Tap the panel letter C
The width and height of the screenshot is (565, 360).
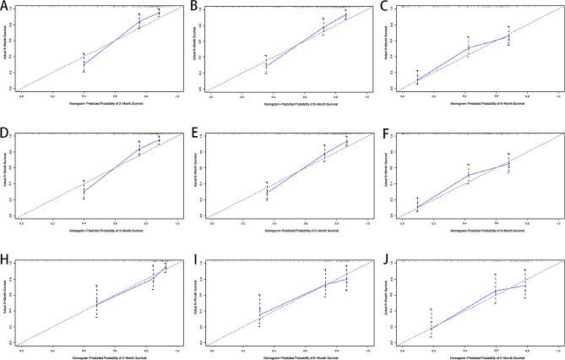click(x=384, y=8)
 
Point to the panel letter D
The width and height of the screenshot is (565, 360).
click(x=6, y=134)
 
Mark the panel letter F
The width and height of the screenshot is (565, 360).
click(x=384, y=134)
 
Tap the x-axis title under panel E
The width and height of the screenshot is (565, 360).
click(x=289, y=231)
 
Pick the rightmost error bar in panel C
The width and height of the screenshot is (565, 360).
click(x=508, y=35)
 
